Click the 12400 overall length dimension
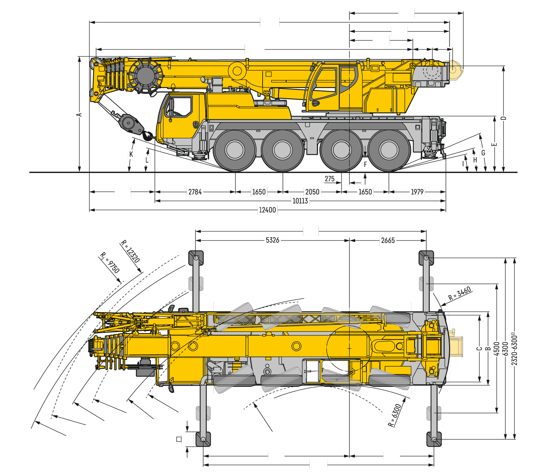click(x=268, y=210)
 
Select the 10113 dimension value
click(x=300, y=201)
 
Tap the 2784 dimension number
click(x=195, y=192)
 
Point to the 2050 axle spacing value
click(x=312, y=192)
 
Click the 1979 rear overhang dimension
click(x=417, y=192)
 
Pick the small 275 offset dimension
click(x=329, y=179)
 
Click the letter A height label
click(x=79, y=115)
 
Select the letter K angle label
click(x=131, y=154)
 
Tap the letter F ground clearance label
click(x=365, y=164)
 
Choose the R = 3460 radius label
click(x=459, y=294)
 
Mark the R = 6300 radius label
click(x=395, y=415)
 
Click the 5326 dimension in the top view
click(x=273, y=240)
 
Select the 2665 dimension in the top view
click(x=388, y=240)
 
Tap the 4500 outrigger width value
click(x=496, y=349)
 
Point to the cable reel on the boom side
click(x=146, y=76)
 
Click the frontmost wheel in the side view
click(x=235, y=150)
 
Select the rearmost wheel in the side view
click(x=389, y=150)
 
